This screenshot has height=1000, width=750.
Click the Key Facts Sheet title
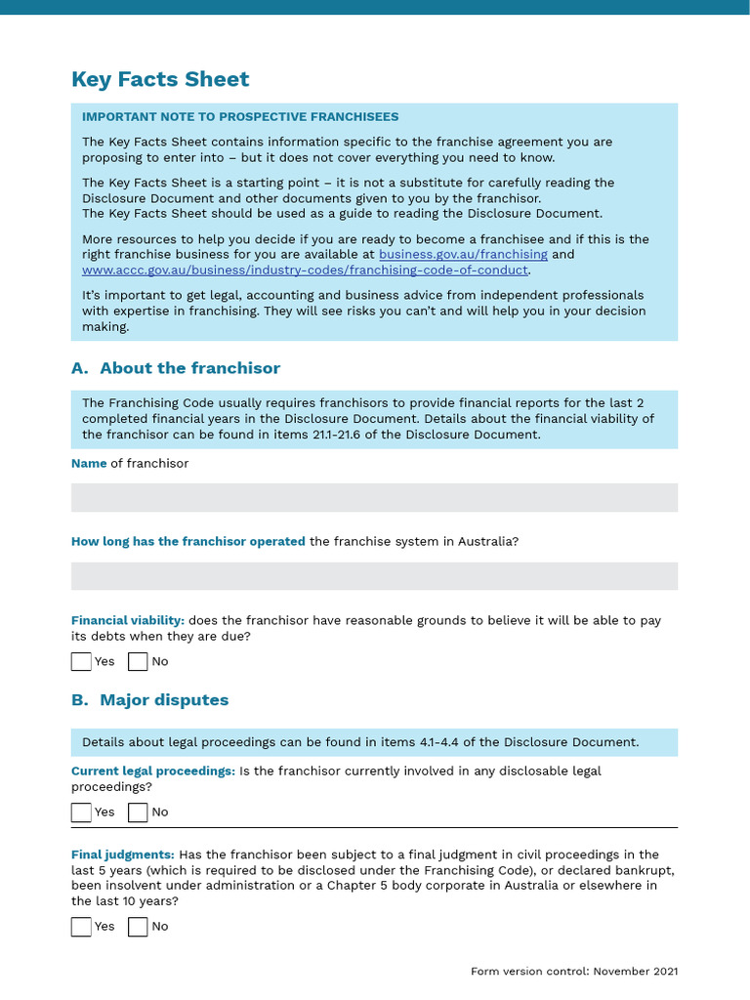click(x=160, y=80)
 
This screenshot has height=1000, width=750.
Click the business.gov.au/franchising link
click(x=463, y=255)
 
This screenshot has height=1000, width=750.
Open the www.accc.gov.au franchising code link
click(x=305, y=271)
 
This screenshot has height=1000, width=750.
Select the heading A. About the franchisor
click(x=176, y=368)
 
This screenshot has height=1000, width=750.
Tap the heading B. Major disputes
click(x=149, y=700)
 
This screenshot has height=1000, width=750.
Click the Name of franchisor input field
click(x=374, y=498)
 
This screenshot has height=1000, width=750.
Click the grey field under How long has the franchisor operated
click(x=374, y=576)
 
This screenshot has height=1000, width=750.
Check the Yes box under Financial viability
click(x=81, y=662)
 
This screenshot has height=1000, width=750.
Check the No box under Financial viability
click(x=138, y=662)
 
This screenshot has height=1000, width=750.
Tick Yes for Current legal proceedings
click(x=81, y=812)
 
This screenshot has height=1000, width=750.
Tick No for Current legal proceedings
click(x=138, y=812)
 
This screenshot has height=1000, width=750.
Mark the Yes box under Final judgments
click(x=81, y=927)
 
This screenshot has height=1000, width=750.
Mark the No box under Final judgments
click(x=138, y=927)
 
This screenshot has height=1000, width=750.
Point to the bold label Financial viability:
click(x=128, y=620)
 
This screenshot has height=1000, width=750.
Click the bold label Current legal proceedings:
click(x=153, y=771)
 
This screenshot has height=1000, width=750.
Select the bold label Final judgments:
click(x=123, y=854)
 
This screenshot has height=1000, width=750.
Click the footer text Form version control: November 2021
click(x=574, y=972)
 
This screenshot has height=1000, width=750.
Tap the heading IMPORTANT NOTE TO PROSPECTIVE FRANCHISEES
click(x=240, y=117)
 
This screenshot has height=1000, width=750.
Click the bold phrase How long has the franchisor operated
click(x=188, y=542)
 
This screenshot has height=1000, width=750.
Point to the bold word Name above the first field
click(x=89, y=464)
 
